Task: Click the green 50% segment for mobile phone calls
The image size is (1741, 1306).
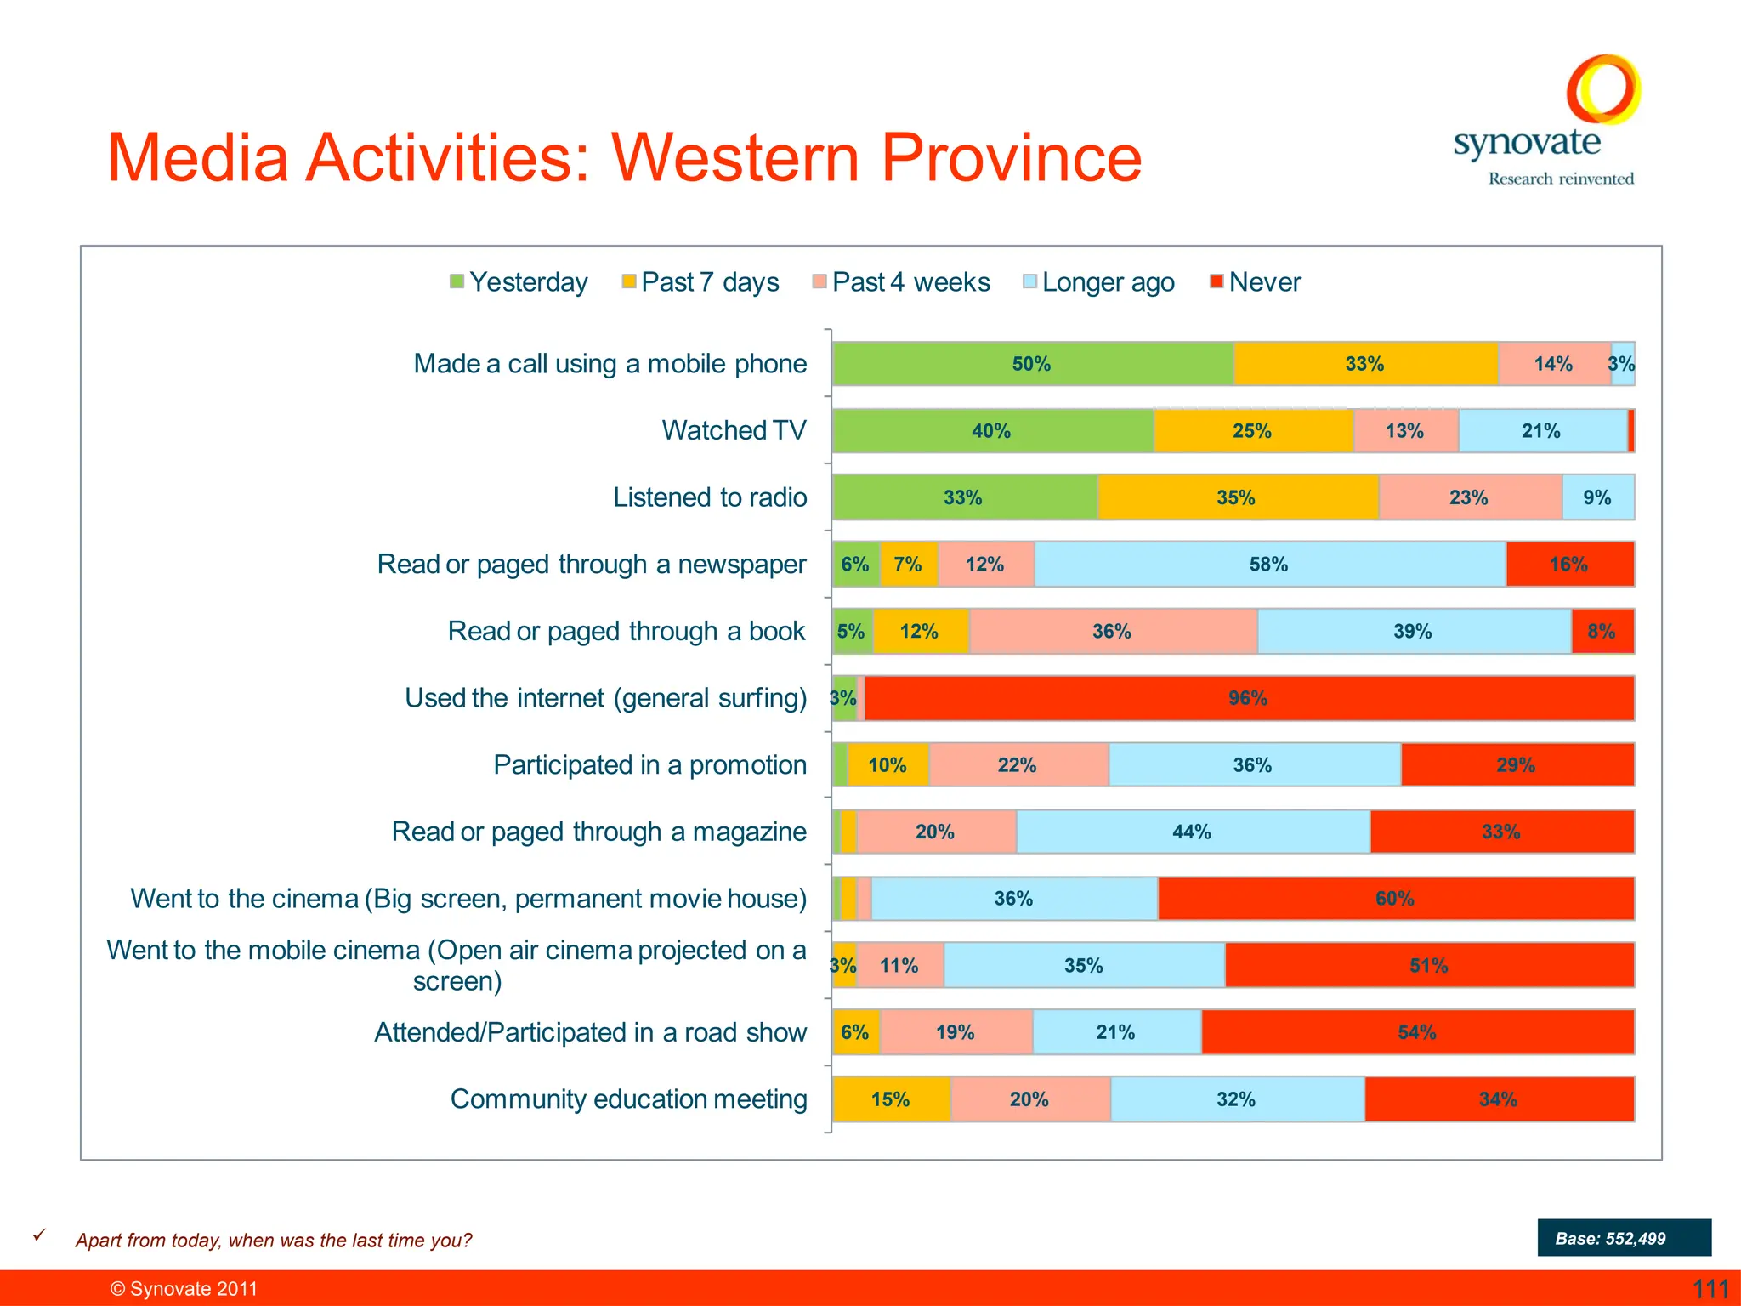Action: (x=1032, y=364)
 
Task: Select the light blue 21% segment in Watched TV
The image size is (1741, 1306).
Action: (x=1542, y=431)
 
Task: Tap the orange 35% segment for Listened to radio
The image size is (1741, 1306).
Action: (x=1236, y=497)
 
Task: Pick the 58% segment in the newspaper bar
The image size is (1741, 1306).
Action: (x=1269, y=565)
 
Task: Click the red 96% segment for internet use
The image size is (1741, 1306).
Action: (x=1248, y=698)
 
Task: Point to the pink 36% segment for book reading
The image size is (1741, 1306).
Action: (x=1112, y=632)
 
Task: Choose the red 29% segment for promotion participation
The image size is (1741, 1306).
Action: (x=1517, y=765)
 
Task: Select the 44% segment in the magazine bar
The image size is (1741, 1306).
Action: (x=1192, y=832)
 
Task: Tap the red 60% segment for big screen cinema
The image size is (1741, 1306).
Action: (x=1395, y=899)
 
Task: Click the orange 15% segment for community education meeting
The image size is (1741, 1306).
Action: (x=891, y=1099)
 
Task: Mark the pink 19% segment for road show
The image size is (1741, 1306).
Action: (x=956, y=1032)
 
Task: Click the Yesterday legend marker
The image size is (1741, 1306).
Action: (x=457, y=281)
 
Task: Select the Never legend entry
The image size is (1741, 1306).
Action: (x=1256, y=281)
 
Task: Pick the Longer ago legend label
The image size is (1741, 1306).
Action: (x=1108, y=282)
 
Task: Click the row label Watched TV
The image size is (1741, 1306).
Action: (x=734, y=430)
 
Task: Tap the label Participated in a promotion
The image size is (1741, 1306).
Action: (x=649, y=765)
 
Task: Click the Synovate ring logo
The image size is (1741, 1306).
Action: (x=1603, y=89)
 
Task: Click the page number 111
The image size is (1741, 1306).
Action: (x=1710, y=1289)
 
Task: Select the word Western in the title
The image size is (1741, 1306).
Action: (x=736, y=158)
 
